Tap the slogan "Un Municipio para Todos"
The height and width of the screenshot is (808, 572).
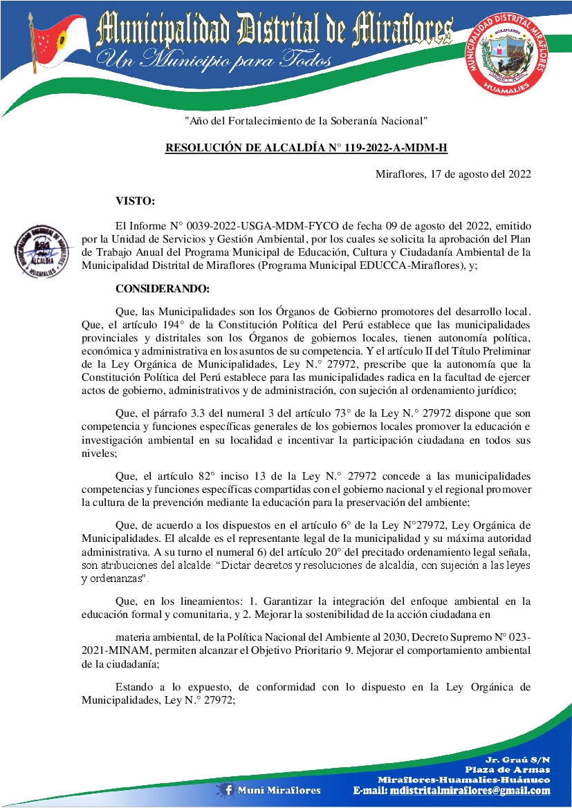[214, 61]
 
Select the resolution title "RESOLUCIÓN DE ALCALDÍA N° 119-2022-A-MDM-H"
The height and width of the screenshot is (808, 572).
[306, 148]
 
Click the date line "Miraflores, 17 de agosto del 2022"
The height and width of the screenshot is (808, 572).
[453, 174]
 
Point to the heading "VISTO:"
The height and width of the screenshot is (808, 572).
[135, 201]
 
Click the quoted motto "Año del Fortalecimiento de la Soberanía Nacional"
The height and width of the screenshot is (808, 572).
[306, 121]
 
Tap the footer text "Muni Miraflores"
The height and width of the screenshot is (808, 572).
[279, 790]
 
